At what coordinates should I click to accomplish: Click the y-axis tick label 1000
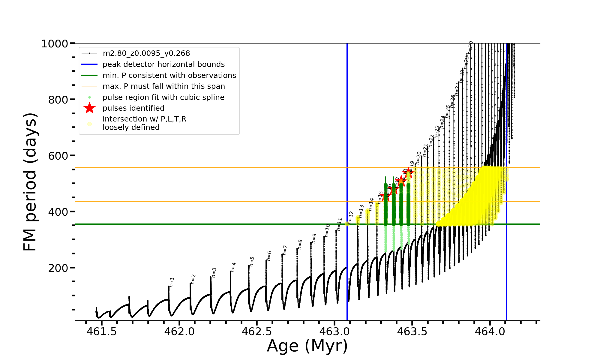55,44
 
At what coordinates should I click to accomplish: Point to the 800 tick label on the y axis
58,100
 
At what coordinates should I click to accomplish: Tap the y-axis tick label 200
58,268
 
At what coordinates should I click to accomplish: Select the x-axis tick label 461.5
102,331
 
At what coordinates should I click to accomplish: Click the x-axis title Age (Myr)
307,346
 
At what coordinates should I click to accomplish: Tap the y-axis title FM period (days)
30,182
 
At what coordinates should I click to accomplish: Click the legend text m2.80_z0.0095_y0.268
146,53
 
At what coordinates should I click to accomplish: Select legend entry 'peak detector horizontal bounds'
163,64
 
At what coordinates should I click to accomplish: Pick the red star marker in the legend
89,108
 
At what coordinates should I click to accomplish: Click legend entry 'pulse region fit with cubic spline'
163,97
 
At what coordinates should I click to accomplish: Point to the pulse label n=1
172,282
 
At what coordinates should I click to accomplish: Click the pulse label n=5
252,262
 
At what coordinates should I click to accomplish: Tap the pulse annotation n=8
300,244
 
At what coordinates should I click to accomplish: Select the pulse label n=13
361,211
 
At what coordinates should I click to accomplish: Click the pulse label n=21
425,150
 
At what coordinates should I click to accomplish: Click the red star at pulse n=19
408,173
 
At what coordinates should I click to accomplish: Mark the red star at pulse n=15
385,196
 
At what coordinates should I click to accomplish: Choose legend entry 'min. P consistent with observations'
169,76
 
